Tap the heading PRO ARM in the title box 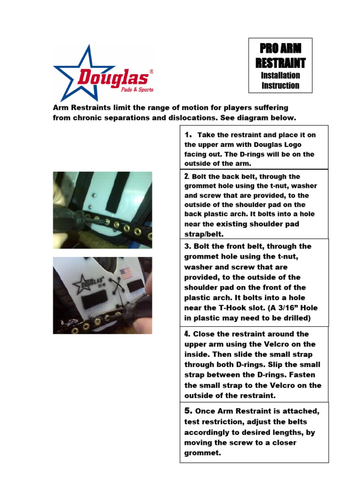pos(280,49)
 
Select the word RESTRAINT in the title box pos(280,62)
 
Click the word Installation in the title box pos(280,75)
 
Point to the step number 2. pos(187,177)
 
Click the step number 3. pos(186,246)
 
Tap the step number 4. pos(187,334)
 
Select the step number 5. pos(188,411)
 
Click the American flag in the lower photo pos(125,273)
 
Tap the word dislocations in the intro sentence pos(194,117)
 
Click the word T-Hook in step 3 pos(232,308)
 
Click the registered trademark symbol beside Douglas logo pos(151,72)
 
